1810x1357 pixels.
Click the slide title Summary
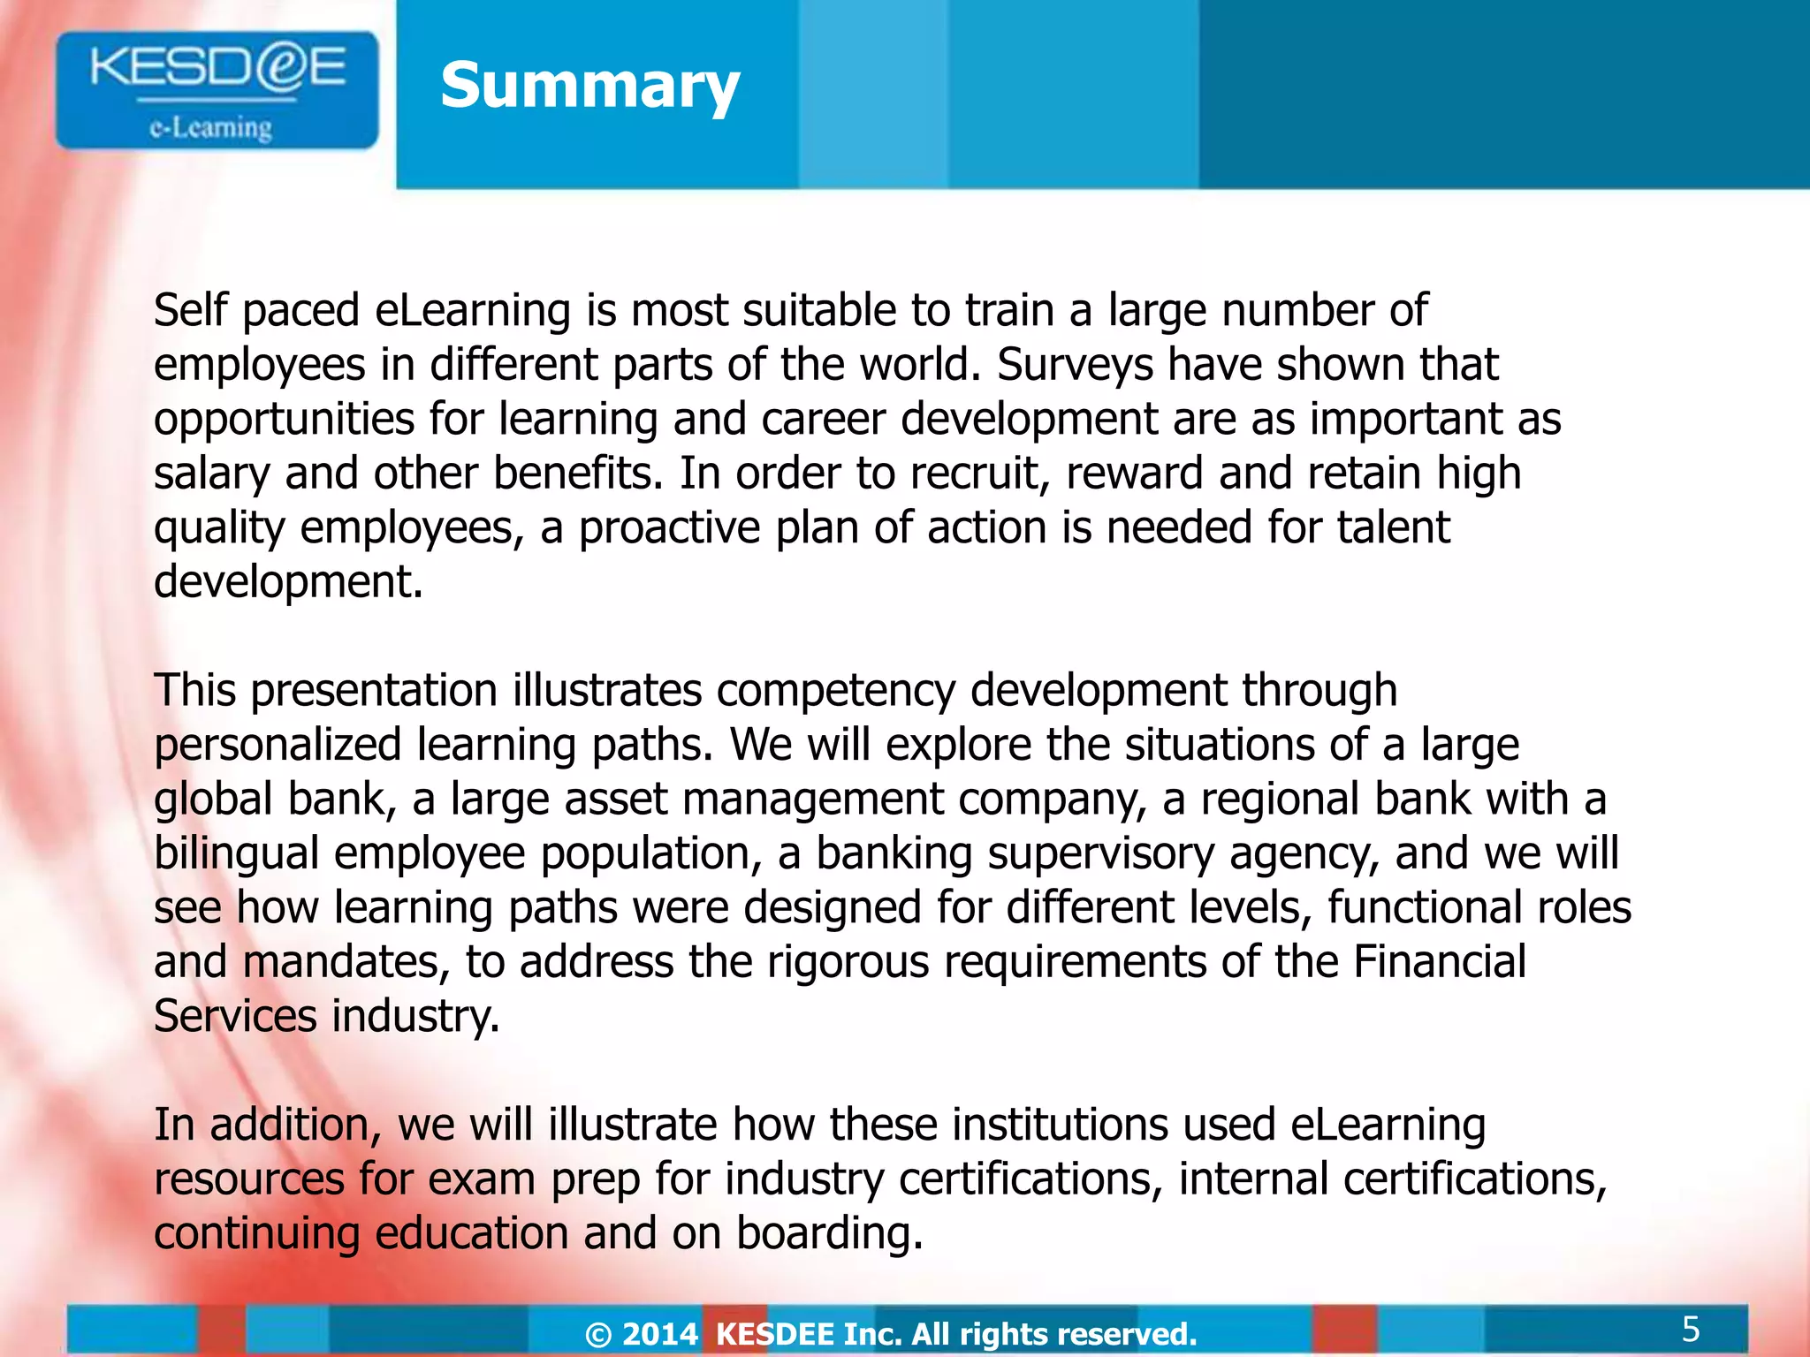tap(589, 86)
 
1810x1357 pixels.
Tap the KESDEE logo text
tap(217, 68)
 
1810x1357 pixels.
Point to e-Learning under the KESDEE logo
tap(210, 129)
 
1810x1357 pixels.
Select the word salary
tap(211, 474)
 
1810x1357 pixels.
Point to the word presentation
tap(374, 690)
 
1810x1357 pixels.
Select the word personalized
tap(278, 745)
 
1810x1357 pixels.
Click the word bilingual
tap(236, 853)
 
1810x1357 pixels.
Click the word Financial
tap(1440, 962)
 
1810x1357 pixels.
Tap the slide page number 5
tap(1691, 1329)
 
